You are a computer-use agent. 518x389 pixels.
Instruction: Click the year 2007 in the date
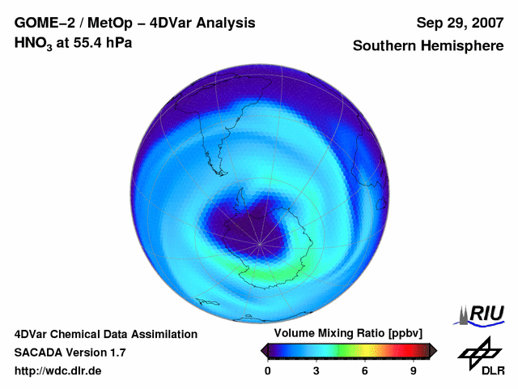coord(486,23)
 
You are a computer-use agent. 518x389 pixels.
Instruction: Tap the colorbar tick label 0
coord(268,370)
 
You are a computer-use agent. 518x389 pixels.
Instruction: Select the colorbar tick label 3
coord(316,370)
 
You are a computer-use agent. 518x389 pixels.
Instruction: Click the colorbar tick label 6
coord(365,370)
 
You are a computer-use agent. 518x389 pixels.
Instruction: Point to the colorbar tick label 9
coord(413,370)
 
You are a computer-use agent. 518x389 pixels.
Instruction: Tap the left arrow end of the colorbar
coord(264,350)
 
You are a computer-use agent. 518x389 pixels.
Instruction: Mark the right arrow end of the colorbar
coord(433,350)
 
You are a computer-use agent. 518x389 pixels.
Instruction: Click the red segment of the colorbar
coord(409,350)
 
